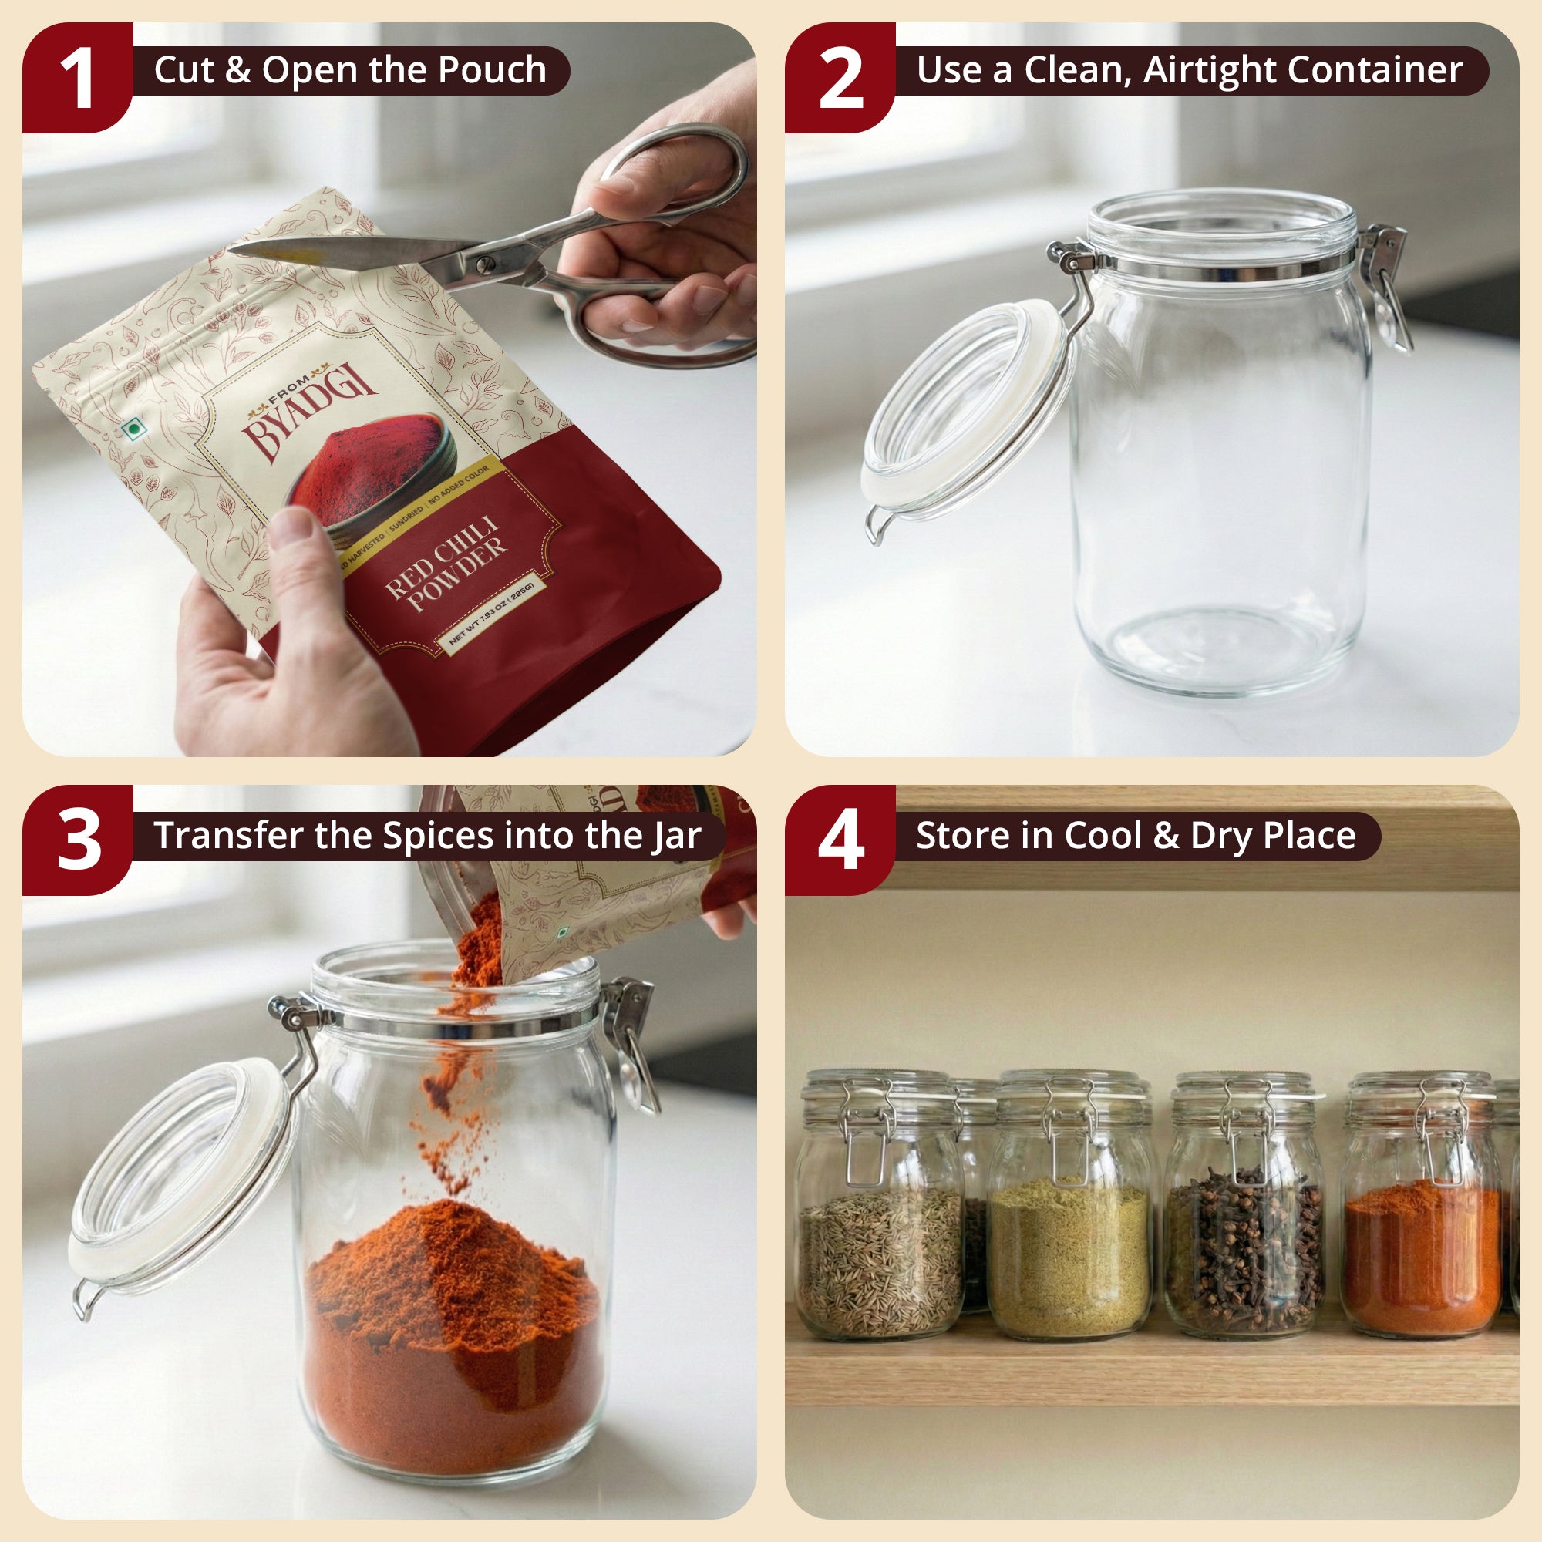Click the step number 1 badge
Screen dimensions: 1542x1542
[77, 78]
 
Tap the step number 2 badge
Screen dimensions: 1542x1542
[840, 78]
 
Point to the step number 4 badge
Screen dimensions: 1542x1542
[840, 840]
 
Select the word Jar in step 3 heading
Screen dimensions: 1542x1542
[677, 836]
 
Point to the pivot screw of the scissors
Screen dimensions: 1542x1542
[483, 264]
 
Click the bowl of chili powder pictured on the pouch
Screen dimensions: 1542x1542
[372, 471]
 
